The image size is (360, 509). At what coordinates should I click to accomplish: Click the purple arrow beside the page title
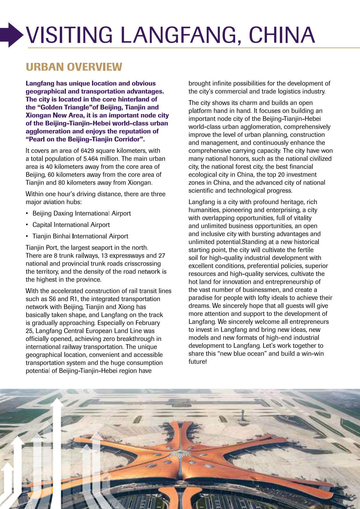click(12, 35)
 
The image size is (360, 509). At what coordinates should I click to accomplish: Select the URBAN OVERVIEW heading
click(74, 67)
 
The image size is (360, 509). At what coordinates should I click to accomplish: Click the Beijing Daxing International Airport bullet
click(82, 214)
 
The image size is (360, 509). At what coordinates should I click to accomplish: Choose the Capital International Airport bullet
click(71, 225)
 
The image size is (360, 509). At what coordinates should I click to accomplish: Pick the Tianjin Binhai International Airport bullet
click(80, 237)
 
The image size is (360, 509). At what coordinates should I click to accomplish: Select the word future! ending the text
click(198, 362)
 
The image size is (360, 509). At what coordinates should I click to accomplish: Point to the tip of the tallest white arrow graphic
click(58, 400)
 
